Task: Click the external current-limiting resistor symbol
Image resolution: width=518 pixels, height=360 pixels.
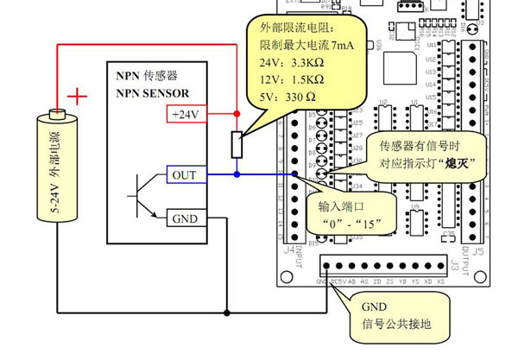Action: (x=236, y=144)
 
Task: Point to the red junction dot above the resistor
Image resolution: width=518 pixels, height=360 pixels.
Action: (x=236, y=113)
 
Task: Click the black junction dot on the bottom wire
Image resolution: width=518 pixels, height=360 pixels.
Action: (x=227, y=312)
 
